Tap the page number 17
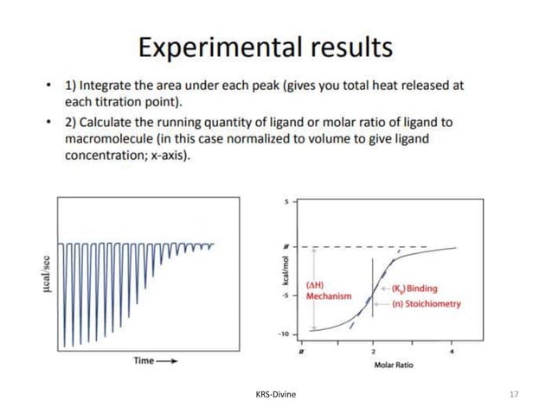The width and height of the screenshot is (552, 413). click(515, 394)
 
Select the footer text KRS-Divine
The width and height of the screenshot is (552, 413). click(276, 394)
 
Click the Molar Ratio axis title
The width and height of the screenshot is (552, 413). click(394, 365)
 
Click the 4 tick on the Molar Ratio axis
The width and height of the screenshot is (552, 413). click(453, 349)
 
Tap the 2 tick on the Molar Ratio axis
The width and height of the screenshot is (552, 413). click(373, 349)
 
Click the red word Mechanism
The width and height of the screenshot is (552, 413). click(329, 295)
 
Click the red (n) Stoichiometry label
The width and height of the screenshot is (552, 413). click(426, 303)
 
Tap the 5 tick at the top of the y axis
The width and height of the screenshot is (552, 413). click(286, 201)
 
